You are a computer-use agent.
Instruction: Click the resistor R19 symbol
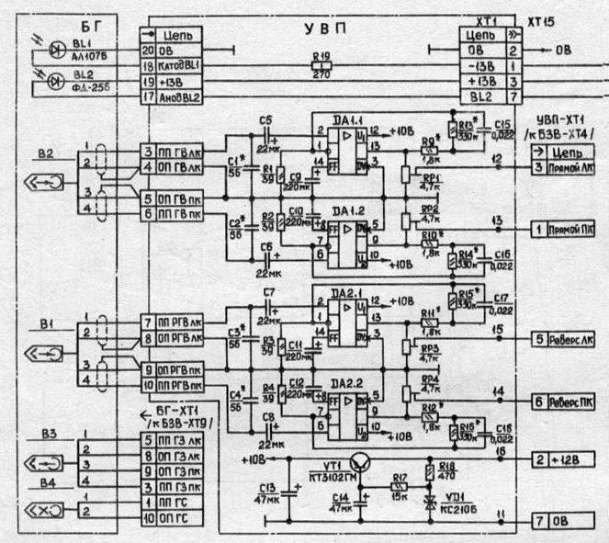321,67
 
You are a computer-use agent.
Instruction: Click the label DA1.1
329,117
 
